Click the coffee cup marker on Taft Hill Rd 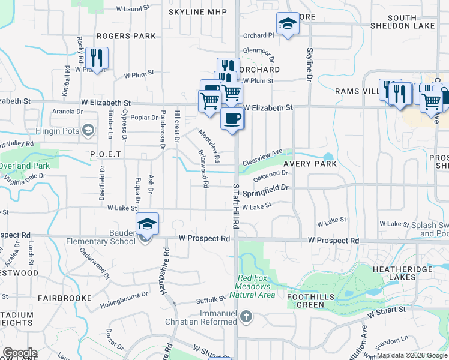(232, 118)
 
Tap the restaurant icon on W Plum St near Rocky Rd (97, 58)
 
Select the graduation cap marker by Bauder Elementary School (147, 224)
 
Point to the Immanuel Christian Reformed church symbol (246, 316)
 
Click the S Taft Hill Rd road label (236, 206)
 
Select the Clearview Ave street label (262, 158)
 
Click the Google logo (19, 353)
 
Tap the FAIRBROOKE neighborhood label (65, 298)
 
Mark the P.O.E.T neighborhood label (106, 154)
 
